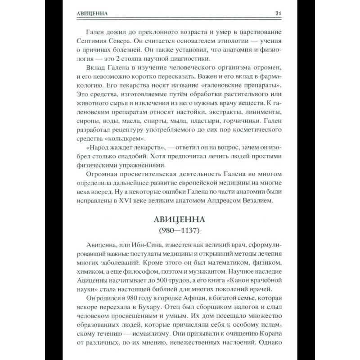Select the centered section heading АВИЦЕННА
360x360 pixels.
180,220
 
